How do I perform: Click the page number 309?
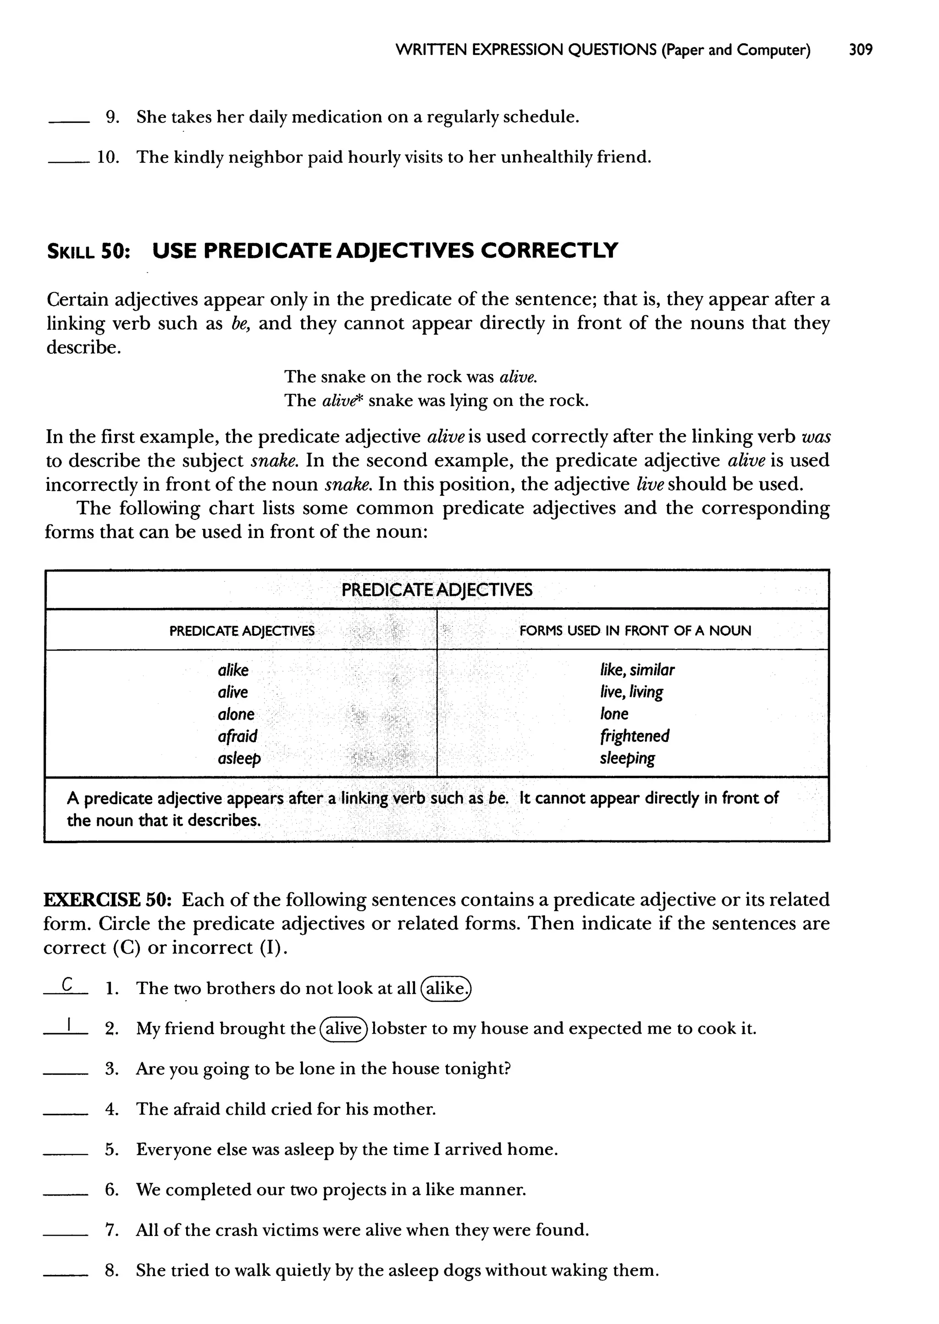[x=860, y=50]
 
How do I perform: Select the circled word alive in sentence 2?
[x=343, y=1029]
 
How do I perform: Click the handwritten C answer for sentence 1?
[x=67, y=985]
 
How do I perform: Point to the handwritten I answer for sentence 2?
[x=68, y=1025]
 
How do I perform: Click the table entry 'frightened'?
[x=634, y=736]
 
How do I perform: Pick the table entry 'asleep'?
[x=239, y=758]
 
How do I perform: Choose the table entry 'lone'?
[x=613, y=714]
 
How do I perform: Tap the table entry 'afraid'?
[x=237, y=736]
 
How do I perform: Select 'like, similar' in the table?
[x=636, y=670]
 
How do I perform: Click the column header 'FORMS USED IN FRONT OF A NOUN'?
[x=635, y=630]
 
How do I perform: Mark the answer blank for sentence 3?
[x=66, y=1074]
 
